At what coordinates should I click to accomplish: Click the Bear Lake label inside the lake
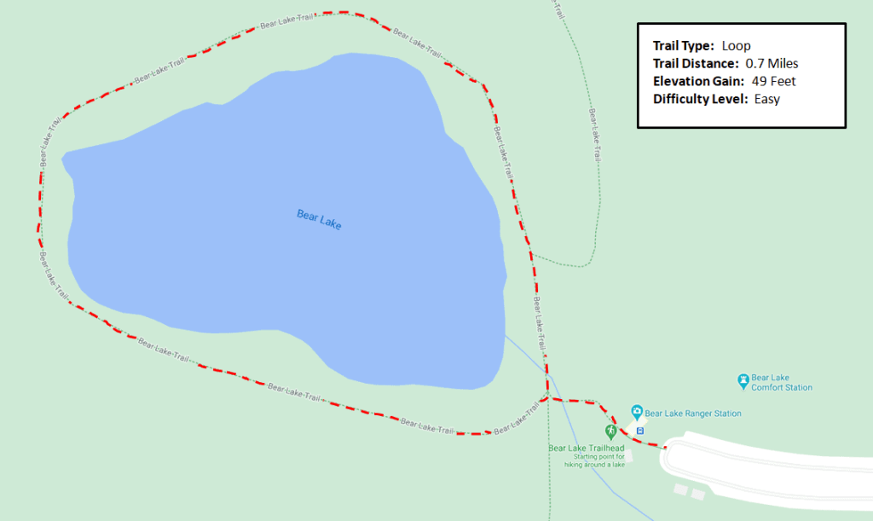coord(319,220)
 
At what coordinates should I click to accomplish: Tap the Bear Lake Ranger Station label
coord(693,414)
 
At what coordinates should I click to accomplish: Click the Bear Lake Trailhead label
coord(587,449)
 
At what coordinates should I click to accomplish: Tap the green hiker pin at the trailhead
coord(610,432)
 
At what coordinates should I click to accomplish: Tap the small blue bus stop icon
coord(640,430)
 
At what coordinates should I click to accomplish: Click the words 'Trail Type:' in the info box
coord(683,46)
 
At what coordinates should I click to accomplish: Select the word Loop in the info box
coord(736,46)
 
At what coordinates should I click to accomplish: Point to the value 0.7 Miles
coord(772,63)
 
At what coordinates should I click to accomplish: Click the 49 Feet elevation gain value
coord(773,81)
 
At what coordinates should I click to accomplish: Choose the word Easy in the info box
coord(766,99)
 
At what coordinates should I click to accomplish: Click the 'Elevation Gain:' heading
coord(698,81)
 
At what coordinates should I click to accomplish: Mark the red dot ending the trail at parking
coord(665,447)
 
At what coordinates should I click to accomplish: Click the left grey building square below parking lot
coord(680,489)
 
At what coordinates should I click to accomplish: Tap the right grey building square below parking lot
coord(698,494)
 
